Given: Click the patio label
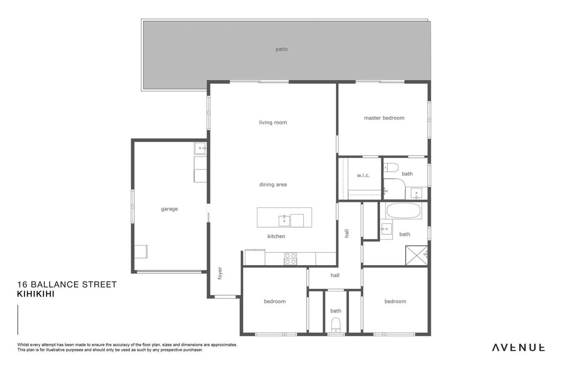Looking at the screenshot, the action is pyautogui.click(x=282, y=49).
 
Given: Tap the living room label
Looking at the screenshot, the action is pyautogui.click(x=273, y=122).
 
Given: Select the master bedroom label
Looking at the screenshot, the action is pyautogui.click(x=384, y=118).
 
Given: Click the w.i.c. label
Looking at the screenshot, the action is pyautogui.click(x=363, y=175).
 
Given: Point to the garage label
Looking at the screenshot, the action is pyautogui.click(x=169, y=209).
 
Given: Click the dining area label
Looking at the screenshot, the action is pyautogui.click(x=273, y=185).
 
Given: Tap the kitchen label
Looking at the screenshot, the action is pyautogui.click(x=276, y=237).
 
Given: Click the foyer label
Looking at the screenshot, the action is pyautogui.click(x=220, y=273).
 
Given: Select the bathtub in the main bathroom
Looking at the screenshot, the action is pyautogui.click(x=403, y=211).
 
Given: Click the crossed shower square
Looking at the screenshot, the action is pyautogui.click(x=416, y=255).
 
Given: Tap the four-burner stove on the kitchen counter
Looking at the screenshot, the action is pyautogui.click(x=290, y=259).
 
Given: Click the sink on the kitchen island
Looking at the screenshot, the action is pyautogui.click(x=284, y=221).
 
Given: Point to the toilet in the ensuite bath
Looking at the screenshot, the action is pyautogui.click(x=391, y=167).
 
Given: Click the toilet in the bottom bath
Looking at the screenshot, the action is pyautogui.click(x=336, y=325).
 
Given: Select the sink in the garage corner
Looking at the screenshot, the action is pyautogui.click(x=200, y=148).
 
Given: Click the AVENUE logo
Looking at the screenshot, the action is pyautogui.click(x=518, y=348).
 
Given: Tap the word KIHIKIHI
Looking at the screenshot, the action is pyautogui.click(x=36, y=294).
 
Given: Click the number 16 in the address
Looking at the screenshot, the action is pyautogui.click(x=22, y=285).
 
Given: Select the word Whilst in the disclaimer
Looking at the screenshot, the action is pyautogui.click(x=23, y=345).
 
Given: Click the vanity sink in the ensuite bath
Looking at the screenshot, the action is pyautogui.click(x=416, y=193).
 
